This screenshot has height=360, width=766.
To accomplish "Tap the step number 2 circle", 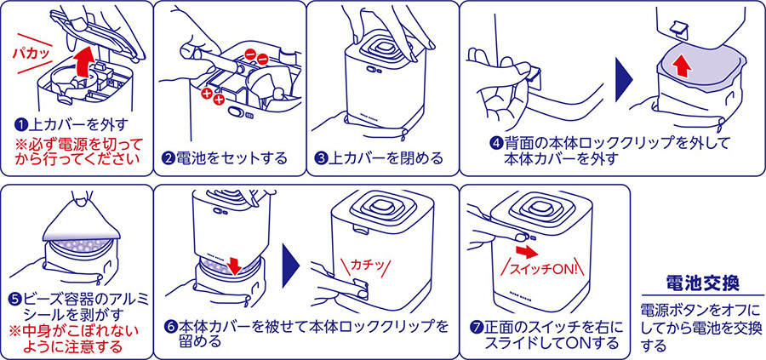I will point(168,158).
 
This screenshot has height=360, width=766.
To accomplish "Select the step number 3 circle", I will point(321,158).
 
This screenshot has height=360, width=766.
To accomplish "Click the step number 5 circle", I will point(15,300).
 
